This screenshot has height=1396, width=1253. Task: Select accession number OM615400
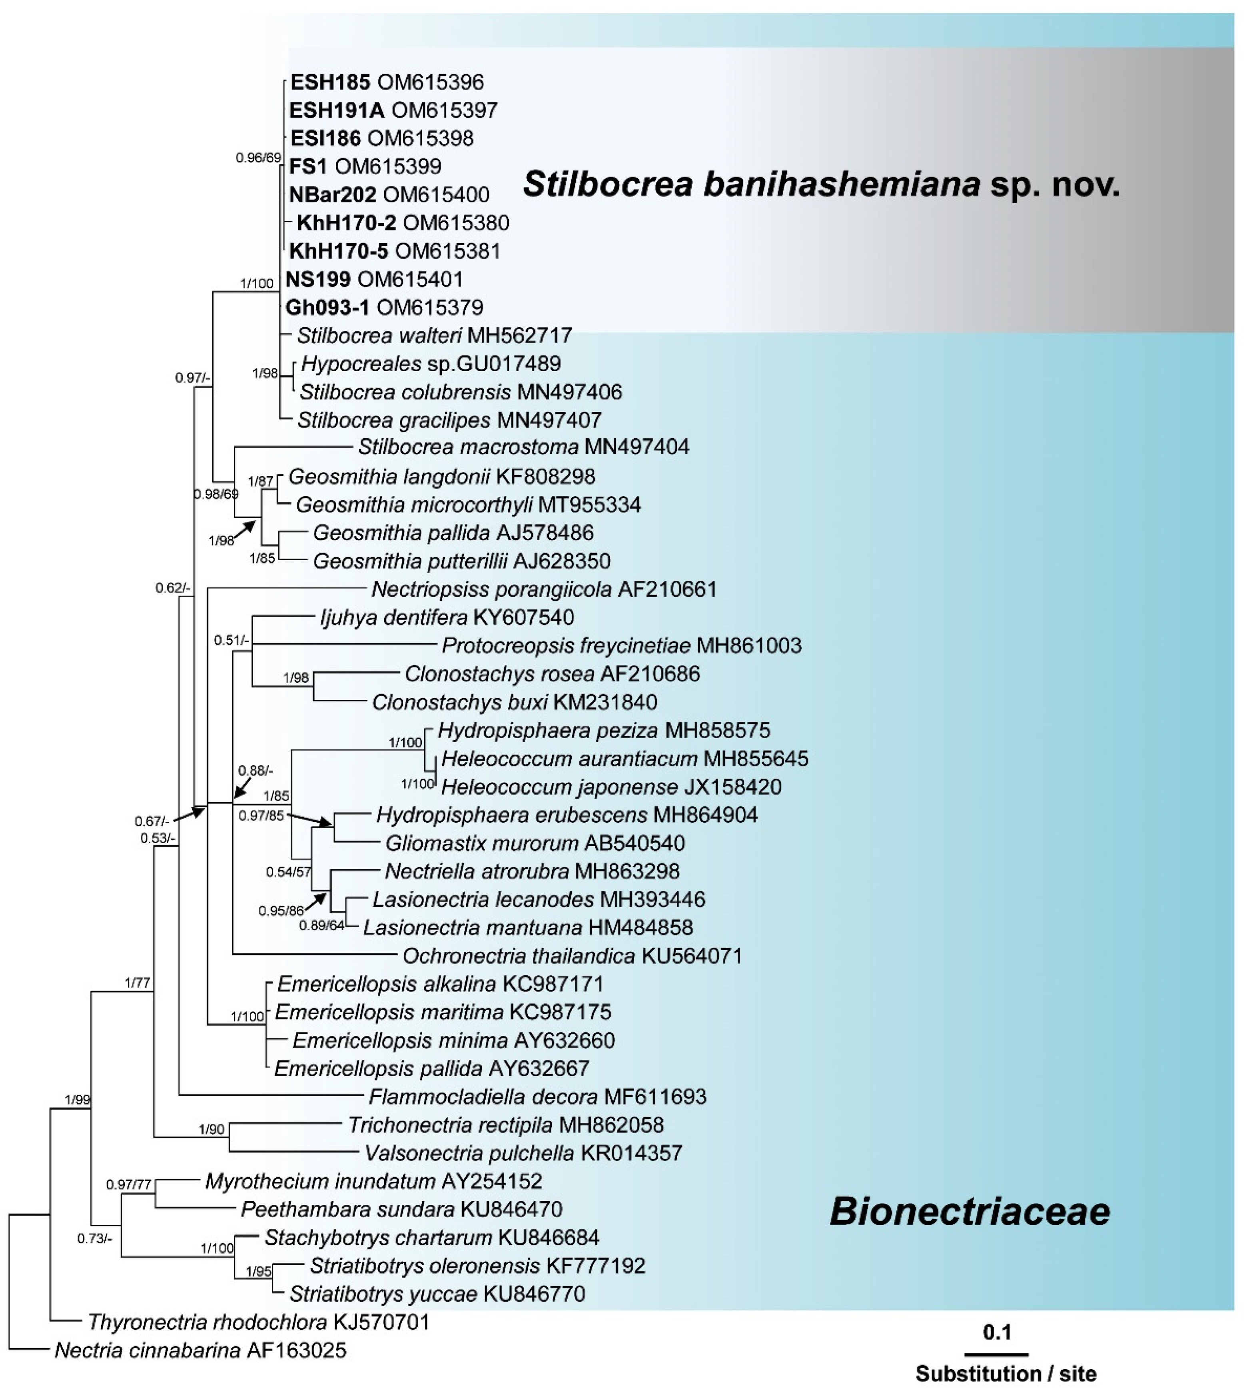(x=436, y=195)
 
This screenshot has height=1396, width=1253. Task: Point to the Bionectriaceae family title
(x=970, y=1211)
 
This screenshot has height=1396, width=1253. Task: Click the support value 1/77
(x=138, y=983)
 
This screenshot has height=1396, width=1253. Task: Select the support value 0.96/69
(x=258, y=158)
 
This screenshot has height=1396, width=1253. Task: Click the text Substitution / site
(x=1005, y=1373)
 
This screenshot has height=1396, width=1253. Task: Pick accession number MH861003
(x=749, y=645)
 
